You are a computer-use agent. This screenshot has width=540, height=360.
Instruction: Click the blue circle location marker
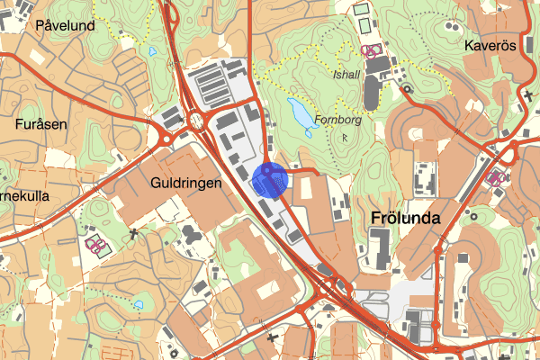(269, 180)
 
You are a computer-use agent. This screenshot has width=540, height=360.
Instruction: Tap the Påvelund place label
(66, 26)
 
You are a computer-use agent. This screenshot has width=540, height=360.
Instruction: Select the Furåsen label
(41, 124)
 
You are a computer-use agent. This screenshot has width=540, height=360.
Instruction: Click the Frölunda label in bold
(404, 218)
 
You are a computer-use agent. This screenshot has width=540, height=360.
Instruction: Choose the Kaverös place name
(490, 46)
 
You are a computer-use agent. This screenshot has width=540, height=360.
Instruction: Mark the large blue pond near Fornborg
(301, 113)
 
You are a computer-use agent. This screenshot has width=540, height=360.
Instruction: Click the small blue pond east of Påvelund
(152, 50)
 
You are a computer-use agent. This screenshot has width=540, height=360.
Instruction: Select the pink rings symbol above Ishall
(369, 50)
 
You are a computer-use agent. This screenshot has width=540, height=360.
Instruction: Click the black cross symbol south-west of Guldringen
(135, 234)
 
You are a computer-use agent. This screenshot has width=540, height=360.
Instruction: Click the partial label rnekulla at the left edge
(24, 195)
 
